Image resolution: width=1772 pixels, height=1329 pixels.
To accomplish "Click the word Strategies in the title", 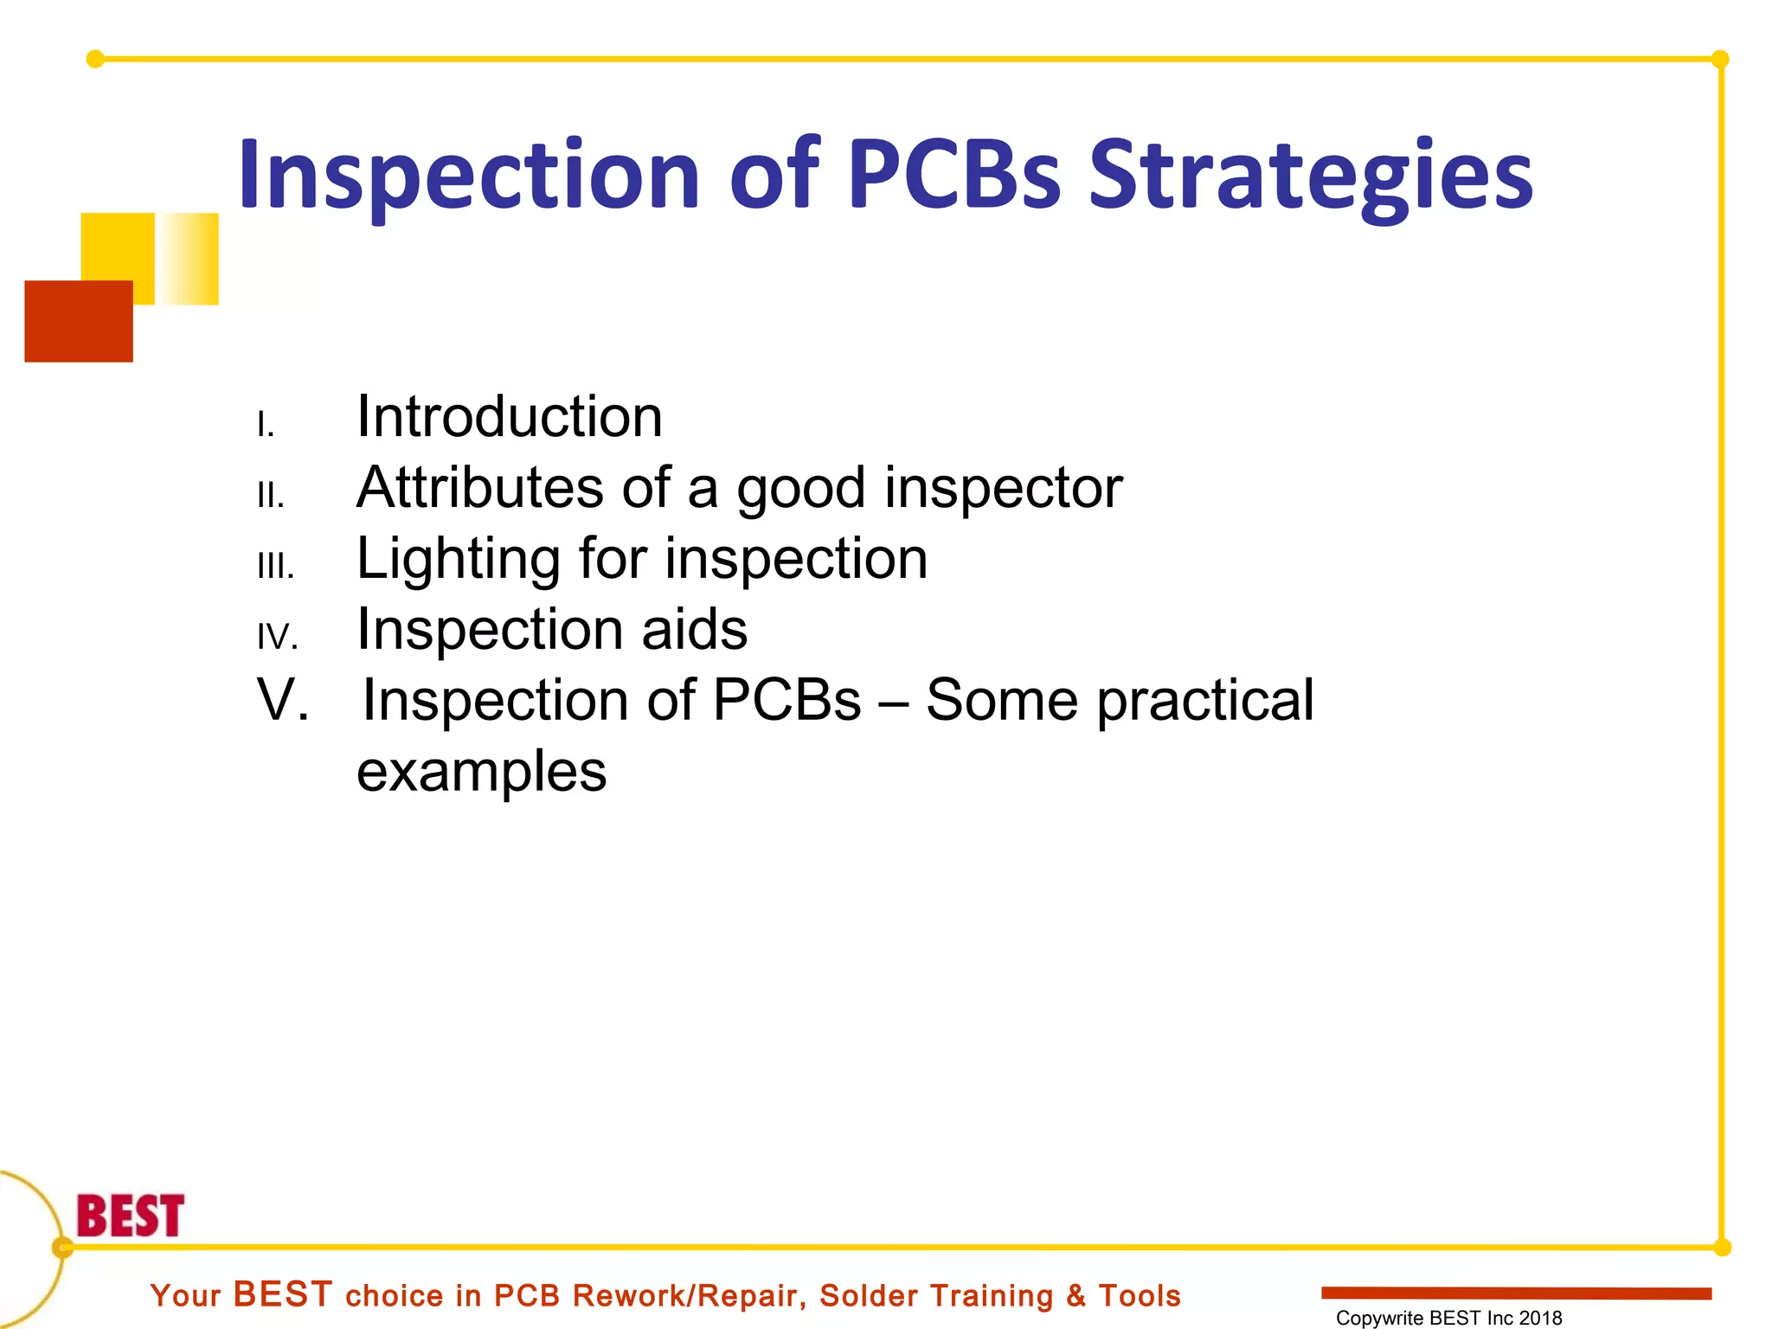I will (1310, 177).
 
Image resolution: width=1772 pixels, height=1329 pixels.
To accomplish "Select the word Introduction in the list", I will (510, 417).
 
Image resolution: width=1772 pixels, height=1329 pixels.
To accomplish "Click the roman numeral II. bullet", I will (271, 496).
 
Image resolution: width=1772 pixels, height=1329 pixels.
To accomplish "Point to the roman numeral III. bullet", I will (276, 567).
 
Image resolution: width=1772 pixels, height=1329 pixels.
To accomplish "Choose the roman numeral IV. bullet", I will (278, 638).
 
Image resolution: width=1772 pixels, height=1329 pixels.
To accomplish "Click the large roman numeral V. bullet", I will (283, 699).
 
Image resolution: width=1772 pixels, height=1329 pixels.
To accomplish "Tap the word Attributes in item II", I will (480, 487).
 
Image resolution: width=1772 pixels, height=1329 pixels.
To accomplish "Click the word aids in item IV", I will (694, 629).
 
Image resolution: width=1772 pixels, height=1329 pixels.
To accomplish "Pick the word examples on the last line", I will (482, 771).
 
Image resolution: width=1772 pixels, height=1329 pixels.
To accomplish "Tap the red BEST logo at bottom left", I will (131, 1216).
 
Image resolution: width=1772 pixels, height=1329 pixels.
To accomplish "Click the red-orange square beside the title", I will (79, 321).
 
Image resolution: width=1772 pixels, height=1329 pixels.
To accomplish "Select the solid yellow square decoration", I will (118, 247).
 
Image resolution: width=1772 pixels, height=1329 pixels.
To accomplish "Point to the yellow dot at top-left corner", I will (95, 59).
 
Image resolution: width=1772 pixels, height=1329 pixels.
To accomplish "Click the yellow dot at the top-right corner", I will (1720, 59).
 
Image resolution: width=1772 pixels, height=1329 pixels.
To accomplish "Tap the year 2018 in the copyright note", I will (1540, 1318).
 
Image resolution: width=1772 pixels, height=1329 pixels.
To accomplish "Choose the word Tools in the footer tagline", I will (1140, 1296).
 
